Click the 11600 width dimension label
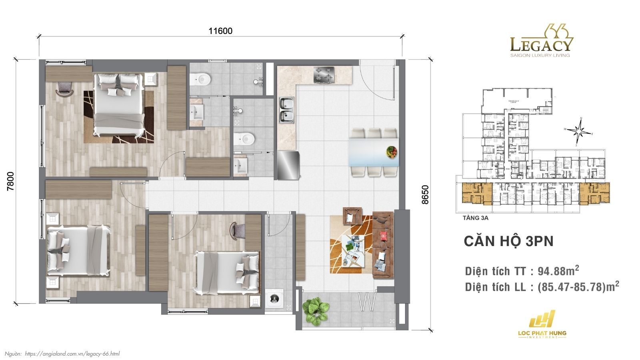tap(220, 31)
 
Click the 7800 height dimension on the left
tap(11, 181)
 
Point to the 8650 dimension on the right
tap(425, 194)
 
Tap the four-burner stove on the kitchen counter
tap(324, 75)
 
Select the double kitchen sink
tap(286, 110)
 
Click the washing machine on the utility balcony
tap(274, 298)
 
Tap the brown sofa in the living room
tap(383, 245)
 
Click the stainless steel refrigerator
tap(288, 165)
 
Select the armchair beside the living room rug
tap(352, 216)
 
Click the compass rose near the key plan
tap(579, 130)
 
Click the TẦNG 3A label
tap(476, 218)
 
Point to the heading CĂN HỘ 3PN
tap(508, 242)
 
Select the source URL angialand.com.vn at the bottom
tap(72, 354)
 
